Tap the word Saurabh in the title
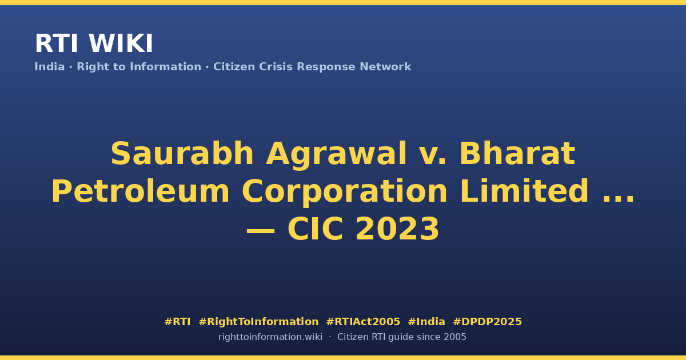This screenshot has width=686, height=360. coord(182,153)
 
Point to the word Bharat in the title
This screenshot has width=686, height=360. coord(517,153)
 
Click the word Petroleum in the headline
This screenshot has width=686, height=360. coord(140,191)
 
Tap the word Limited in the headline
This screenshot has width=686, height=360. coord(524,191)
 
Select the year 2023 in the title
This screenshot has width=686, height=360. coord(397,229)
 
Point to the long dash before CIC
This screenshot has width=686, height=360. coord(261,230)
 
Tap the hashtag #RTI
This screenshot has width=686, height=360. coord(177,322)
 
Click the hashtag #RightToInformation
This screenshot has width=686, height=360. coord(258,322)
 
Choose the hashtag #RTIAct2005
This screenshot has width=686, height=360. coord(363,322)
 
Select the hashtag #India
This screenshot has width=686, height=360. coord(426,322)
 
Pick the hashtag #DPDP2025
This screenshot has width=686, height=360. coord(487,322)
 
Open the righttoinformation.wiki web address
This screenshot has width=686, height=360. coord(270,337)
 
